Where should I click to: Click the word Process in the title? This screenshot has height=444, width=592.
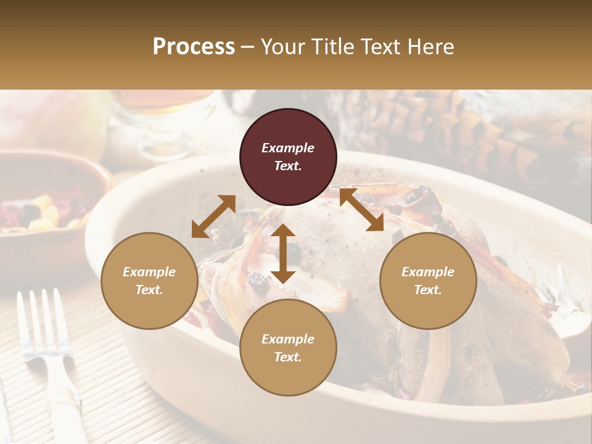pyautogui.click(x=194, y=47)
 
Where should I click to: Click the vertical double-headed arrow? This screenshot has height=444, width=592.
pyautogui.click(x=283, y=253)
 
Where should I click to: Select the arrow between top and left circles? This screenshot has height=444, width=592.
pyautogui.click(x=213, y=216)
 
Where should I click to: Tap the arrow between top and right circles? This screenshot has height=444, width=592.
pyautogui.click(x=361, y=210)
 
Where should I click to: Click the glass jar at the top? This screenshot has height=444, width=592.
pyautogui.click(x=163, y=120)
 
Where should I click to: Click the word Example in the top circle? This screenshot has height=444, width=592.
pyautogui.click(x=288, y=148)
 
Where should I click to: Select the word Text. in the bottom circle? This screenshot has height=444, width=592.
pyautogui.click(x=288, y=357)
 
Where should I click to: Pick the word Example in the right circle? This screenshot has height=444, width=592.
pyautogui.click(x=428, y=272)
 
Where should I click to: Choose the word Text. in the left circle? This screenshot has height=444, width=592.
pyautogui.click(x=149, y=290)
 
